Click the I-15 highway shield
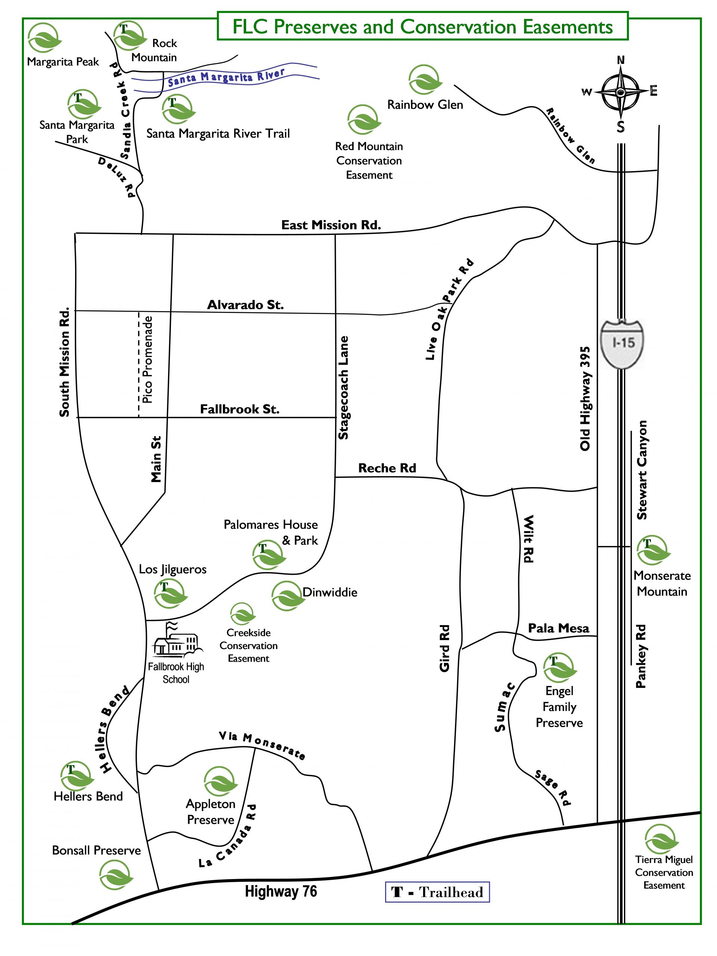click(x=623, y=344)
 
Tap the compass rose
click(x=620, y=93)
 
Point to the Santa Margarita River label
click(x=226, y=77)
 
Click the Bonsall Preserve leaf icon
click(x=115, y=875)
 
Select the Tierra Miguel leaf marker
click(x=661, y=839)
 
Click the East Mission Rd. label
click(x=331, y=225)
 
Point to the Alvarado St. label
click(x=245, y=305)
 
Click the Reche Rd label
click(x=387, y=468)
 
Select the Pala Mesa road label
click(x=558, y=628)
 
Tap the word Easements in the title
click(x=568, y=27)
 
